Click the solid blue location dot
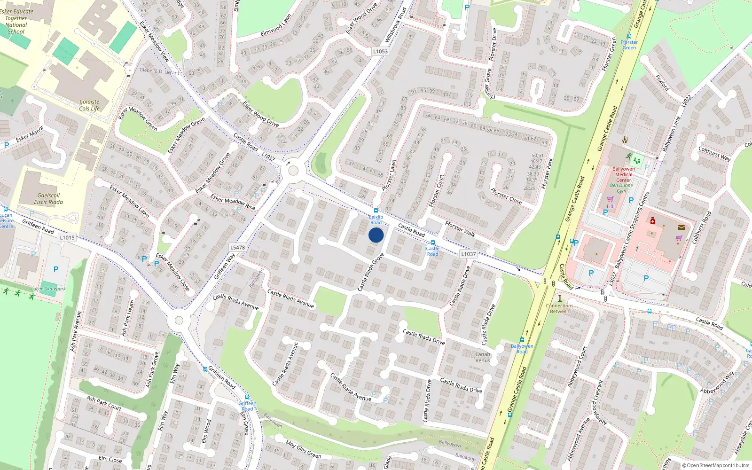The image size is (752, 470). coord(376,235)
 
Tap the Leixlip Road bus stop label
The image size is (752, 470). coord(376,219)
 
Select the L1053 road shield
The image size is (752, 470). coord(380,52)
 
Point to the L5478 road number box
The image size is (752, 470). coord(238,247)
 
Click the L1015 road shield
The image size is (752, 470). coord(67,237)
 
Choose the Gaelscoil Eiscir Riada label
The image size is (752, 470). coord(48,199)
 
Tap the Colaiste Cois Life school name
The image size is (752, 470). coord(89,105)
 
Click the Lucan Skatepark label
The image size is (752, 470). coord(48,289)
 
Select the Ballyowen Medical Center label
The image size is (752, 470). coord(624,174)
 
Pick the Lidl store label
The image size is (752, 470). coord(611,206)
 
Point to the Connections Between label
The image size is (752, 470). coord(559,308)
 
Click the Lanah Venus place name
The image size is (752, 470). coord(483,357)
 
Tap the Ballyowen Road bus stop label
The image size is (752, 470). coord(522,349)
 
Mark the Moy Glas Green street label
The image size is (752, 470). coord(304,449)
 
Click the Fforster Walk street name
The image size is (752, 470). coord(460,229)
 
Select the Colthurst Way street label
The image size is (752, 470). coord(714,154)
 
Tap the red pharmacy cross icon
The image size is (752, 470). coord(653,220)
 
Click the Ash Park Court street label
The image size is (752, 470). coord(104,403)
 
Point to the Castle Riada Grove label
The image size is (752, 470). coord(371,272)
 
